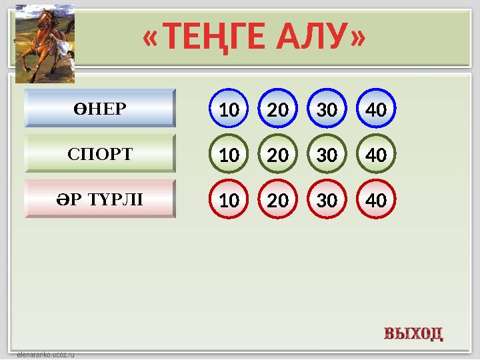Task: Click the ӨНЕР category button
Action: (x=100, y=108)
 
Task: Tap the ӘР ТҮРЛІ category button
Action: (x=100, y=198)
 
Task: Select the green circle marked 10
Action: (x=229, y=155)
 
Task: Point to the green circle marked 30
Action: (x=327, y=155)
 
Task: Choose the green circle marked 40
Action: (x=376, y=155)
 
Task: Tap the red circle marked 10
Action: (x=229, y=199)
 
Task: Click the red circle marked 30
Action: (x=327, y=199)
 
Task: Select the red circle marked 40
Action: (x=376, y=199)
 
